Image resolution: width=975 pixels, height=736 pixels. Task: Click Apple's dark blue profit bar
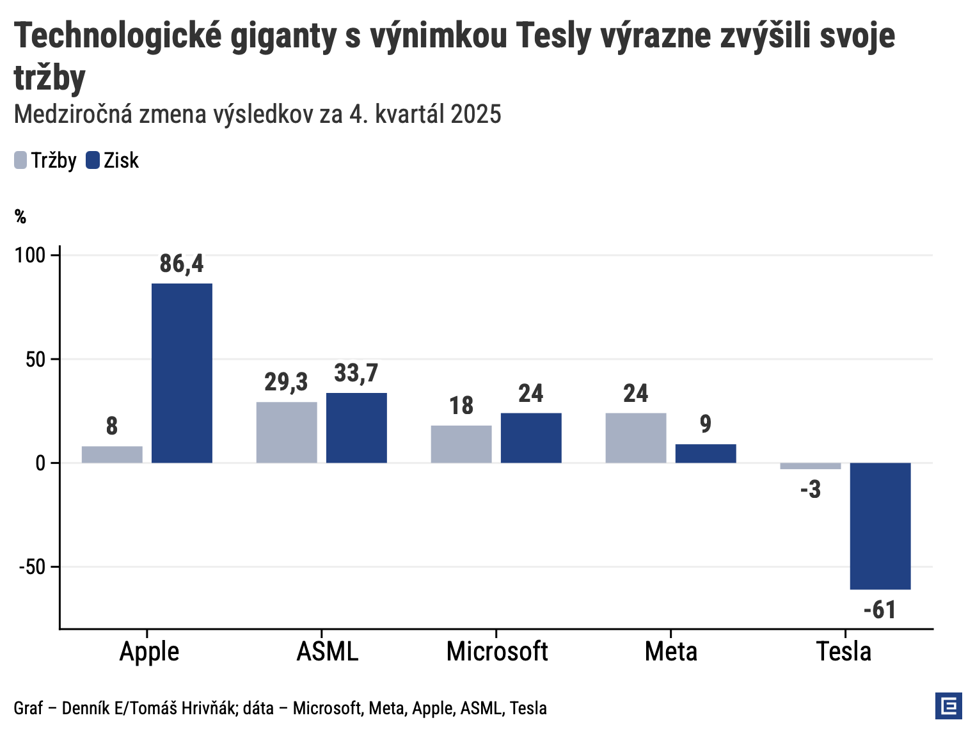[182, 372]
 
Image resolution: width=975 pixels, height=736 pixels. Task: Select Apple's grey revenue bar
[112, 454]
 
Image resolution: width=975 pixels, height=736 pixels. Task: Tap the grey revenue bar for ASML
[287, 432]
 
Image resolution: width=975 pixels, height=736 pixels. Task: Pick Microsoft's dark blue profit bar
[531, 438]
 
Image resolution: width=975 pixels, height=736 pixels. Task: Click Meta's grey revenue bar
[636, 438]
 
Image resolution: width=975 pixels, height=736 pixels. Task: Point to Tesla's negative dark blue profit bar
[880, 525]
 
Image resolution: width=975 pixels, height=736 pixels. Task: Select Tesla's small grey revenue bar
[811, 466]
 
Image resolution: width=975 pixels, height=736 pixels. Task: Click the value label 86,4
[182, 264]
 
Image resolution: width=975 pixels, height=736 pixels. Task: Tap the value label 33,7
[356, 373]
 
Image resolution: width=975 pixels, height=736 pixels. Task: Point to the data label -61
[880, 610]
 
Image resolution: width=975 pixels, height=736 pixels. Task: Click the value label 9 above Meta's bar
[706, 424]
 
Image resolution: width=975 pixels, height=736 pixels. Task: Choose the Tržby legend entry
[45, 160]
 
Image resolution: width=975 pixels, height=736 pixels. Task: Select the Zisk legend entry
[113, 160]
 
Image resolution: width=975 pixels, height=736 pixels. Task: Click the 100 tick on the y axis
[31, 255]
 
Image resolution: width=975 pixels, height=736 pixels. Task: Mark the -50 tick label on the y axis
[31, 567]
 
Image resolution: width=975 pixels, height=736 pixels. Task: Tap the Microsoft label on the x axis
[497, 652]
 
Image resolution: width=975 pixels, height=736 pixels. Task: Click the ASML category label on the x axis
[328, 652]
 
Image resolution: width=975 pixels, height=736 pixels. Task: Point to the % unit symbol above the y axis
[20, 218]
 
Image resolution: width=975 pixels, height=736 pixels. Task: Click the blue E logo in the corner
[948, 706]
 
